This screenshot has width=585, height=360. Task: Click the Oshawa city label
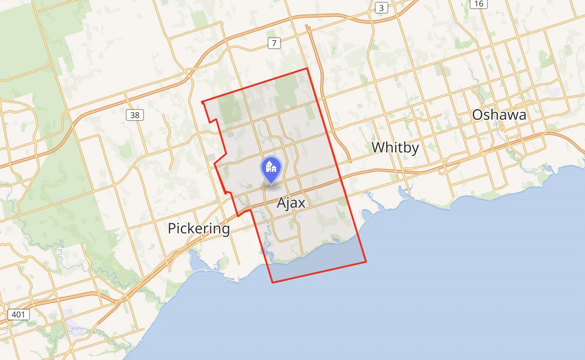tap(499, 115)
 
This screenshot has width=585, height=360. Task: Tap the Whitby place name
tap(395, 148)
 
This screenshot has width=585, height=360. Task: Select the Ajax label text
tap(291, 203)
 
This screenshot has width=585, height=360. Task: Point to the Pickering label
tap(198, 228)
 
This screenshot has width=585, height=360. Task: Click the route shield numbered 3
tap(382, 8)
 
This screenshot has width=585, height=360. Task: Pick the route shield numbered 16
tap(479, 4)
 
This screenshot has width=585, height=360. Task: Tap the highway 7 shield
tap(274, 43)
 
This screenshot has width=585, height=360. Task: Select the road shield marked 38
tap(134, 115)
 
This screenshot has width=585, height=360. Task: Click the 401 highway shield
tap(19, 314)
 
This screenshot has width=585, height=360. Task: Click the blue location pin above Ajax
tap(271, 170)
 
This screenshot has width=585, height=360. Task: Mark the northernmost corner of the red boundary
tap(307, 69)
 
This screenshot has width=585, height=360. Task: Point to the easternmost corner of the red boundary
tap(366, 262)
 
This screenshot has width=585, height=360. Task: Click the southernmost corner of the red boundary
tap(273, 282)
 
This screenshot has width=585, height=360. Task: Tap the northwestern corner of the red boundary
tap(202, 101)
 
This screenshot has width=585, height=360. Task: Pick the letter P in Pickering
tap(172, 228)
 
